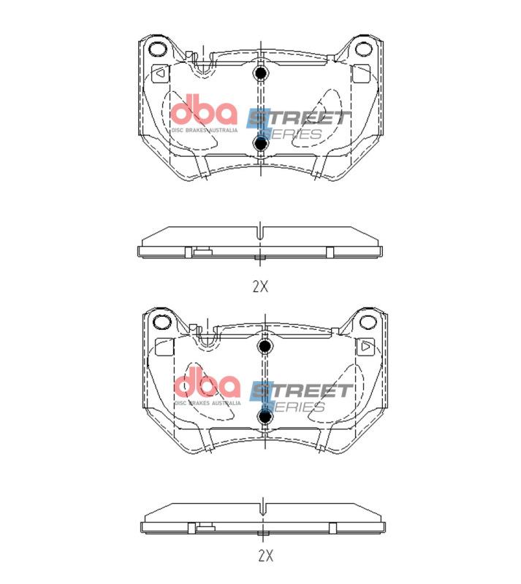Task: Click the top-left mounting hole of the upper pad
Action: click(x=156, y=50)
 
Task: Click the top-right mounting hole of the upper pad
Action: click(x=363, y=50)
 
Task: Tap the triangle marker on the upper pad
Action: click(x=159, y=73)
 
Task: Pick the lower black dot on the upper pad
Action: click(x=260, y=143)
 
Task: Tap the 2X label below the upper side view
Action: click(x=260, y=287)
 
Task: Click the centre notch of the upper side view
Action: click(x=260, y=232)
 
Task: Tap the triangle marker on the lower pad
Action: click(x=365, y=347)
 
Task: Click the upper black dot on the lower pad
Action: click(x=265, y=346)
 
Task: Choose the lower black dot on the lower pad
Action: click(x=265, y=416)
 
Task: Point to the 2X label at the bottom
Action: click(x=265, y=556)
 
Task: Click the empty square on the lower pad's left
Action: click(x=164, y=347)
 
